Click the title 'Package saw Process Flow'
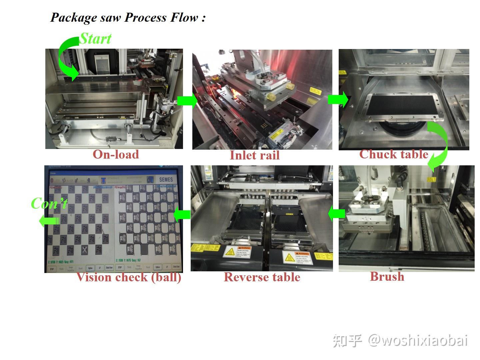tap(128, 17)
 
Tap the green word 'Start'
tap(95, 39)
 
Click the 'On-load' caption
tap(116, 154)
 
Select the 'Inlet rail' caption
tap(255, 155)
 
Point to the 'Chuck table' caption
tap(394, 154)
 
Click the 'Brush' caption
tap(387, 277)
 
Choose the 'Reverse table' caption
tap(262, 277)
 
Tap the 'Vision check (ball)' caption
tap(129, 277)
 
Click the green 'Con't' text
tap(49, 203)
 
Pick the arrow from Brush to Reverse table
tap(336, 214)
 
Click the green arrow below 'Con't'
tap(49, 221)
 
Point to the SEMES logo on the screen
tap(166, 179)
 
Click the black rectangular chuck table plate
tap(402, 106)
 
